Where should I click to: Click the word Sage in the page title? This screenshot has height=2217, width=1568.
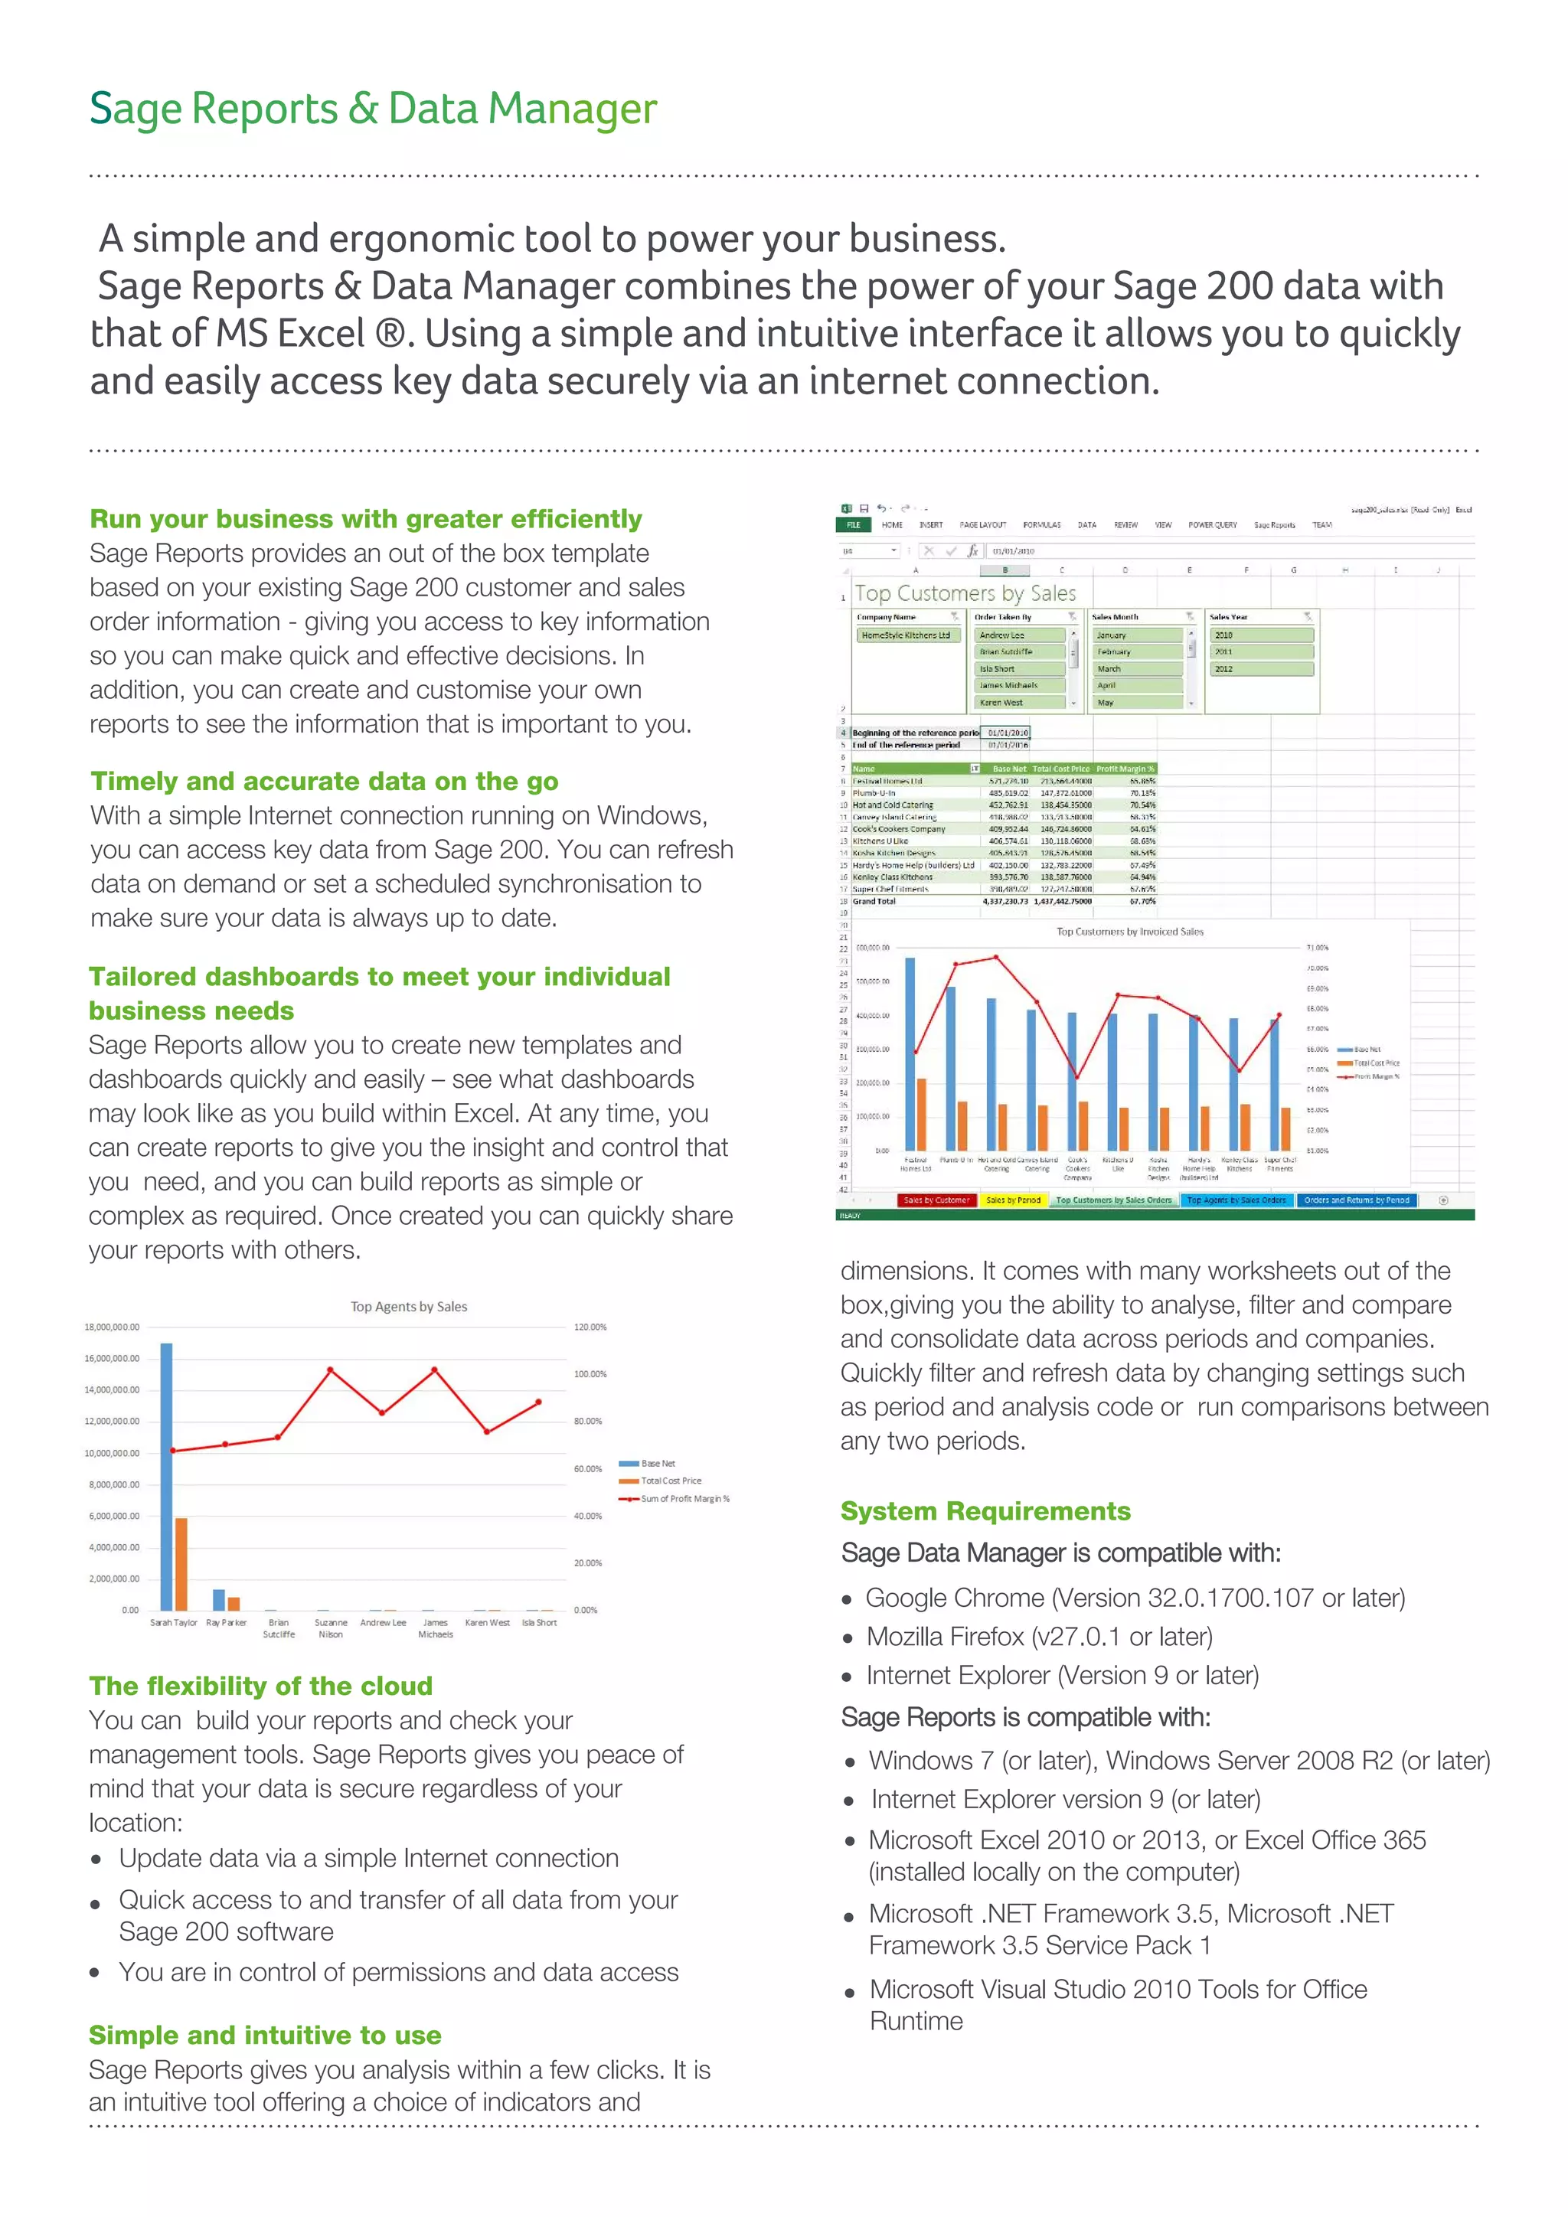click(x=136, y=109)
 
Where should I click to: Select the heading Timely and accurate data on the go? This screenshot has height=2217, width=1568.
click(x=325, y=781)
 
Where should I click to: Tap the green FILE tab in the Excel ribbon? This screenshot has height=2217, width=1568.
click(x=854, y=525)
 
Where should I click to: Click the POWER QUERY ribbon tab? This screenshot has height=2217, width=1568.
click(x=1212, y=525)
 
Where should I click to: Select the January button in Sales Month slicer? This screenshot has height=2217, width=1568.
click(x=1138, y=635)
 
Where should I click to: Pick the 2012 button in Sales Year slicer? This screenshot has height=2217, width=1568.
click(x=1261, y=668)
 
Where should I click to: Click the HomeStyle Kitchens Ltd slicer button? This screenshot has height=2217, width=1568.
click(x=906, y=635)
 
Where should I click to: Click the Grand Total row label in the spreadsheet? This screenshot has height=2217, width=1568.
click(x=875, y=901)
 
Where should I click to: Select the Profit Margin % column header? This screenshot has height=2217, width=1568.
click(x=1125, y=769)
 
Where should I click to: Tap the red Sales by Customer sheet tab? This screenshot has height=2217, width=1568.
click(x=936, y=1200)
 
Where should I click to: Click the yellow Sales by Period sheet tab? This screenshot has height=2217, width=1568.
click(x=1013, y=1200)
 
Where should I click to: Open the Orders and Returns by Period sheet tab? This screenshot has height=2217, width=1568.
click(x=1357, y=1200)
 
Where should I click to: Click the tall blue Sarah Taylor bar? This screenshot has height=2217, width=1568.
click(x=167, y=1477)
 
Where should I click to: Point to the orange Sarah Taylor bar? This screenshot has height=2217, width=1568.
click(x=181, y=1564)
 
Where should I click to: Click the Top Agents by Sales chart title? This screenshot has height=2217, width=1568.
click(x=408, y=1307)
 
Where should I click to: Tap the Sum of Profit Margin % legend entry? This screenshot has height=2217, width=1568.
click(x=684, y=1499)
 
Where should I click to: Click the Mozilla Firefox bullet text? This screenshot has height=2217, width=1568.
click(x=1039, y=1637)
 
